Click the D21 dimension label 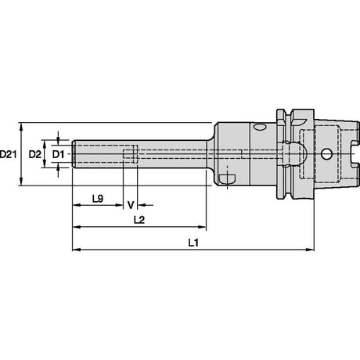pyautogui.click(x=8, y=154)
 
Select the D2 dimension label pyautogui.click(x=35, y=154)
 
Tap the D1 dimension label pyautogui.click(x=58, y=154)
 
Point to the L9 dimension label pyautogui.click(x=98, y=199)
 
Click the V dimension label pyautogui.click(x=131, y=205)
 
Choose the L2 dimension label pyautogui.click(x=139, y=220)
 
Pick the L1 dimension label pyautogui.click(x=193, y=243)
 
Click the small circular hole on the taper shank pyautogui.click(x=326, y=154)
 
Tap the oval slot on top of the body pyautogui.click(x=260, y=127)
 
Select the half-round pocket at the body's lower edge pyautogui.click(x=228, y=178)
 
